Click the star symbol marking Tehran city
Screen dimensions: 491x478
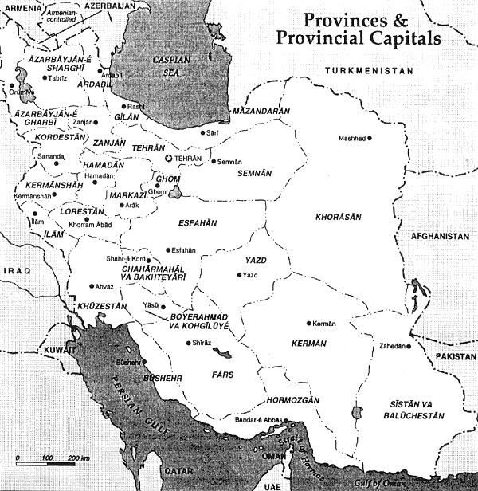pos(168,159)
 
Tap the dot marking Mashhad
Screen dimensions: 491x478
pos(369,138)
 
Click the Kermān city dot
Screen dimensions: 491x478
pos(308,324)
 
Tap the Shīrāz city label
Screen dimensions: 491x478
pos(202,344)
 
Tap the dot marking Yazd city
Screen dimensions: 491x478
pos(238,275)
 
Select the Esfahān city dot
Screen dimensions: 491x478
pos(167,249)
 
